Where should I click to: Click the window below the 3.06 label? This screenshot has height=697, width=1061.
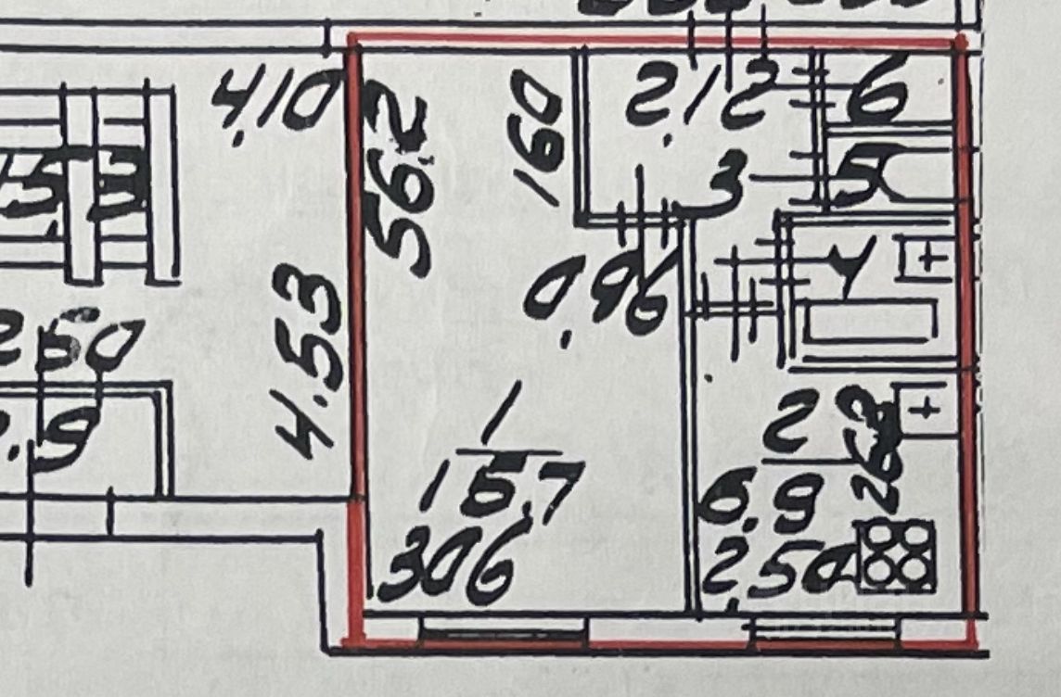[x=505, y=633]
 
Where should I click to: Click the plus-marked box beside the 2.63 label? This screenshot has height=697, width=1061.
[x=924, y=408]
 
